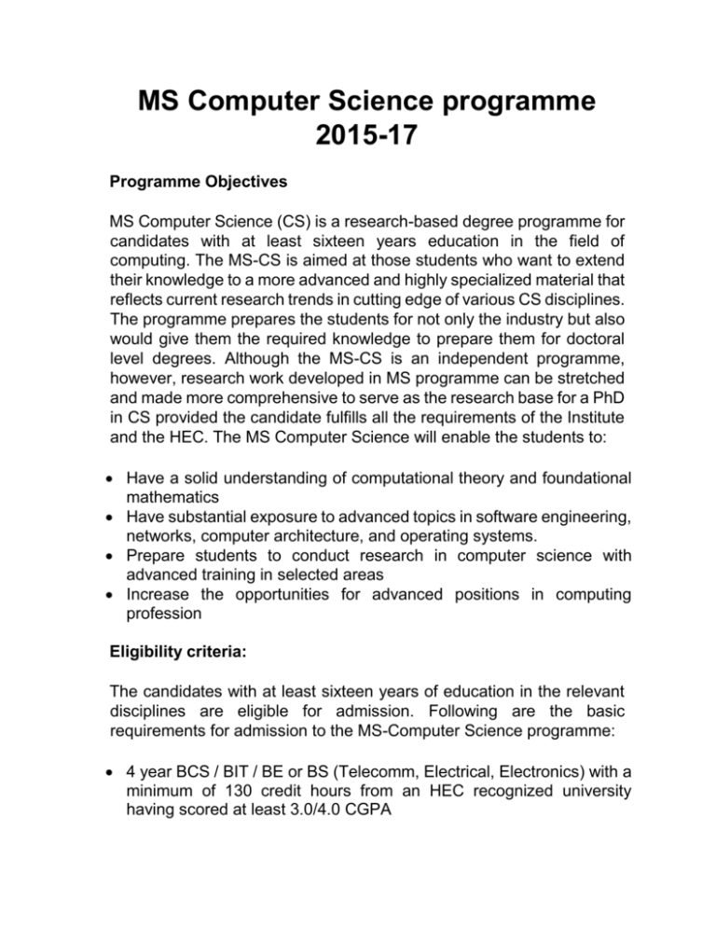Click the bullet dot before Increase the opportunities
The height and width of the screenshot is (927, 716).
click(x=115, y=592)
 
